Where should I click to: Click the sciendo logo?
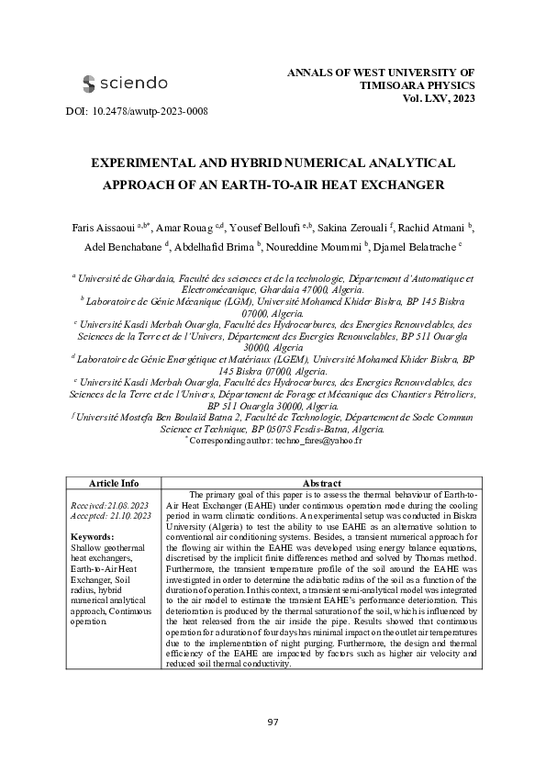pyautogui.click(x=125, y=84)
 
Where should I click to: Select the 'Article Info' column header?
pyautogui.click(x=113, y=483)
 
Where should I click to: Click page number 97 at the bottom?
pyautogui.click(x=273, y=723)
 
